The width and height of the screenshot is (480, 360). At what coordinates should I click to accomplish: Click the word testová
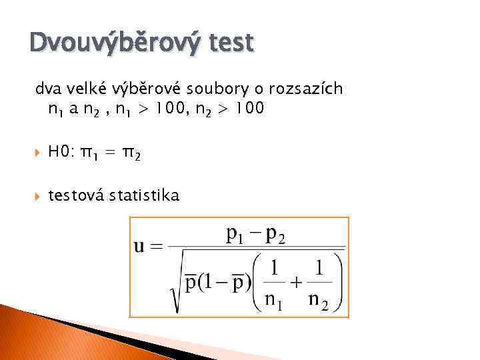pyautogui.click(x=77, y=196)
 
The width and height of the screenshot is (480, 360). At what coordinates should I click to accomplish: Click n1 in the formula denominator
pyautogui.click(x=273, y=298)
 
